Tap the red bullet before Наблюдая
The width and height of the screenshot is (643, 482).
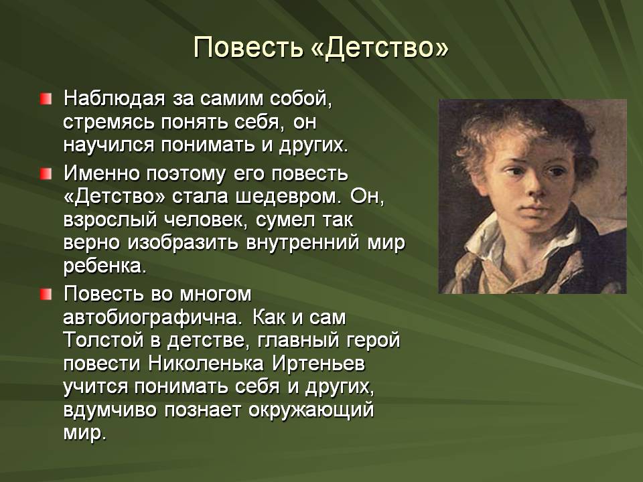coord(46,99)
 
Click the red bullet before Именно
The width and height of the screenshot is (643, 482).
coord(46,173)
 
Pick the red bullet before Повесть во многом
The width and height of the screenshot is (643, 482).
coord(46,294)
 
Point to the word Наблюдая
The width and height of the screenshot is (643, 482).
coord(114,99)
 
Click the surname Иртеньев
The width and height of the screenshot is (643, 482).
coord(319,364)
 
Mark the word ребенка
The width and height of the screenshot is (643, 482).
coord(105,266)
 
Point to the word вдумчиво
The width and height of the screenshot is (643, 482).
coord(110,410)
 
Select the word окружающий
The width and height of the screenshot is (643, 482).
coord(311,410)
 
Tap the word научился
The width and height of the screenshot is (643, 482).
coord(109,145)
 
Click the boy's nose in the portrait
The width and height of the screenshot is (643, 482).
coord(533,187)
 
